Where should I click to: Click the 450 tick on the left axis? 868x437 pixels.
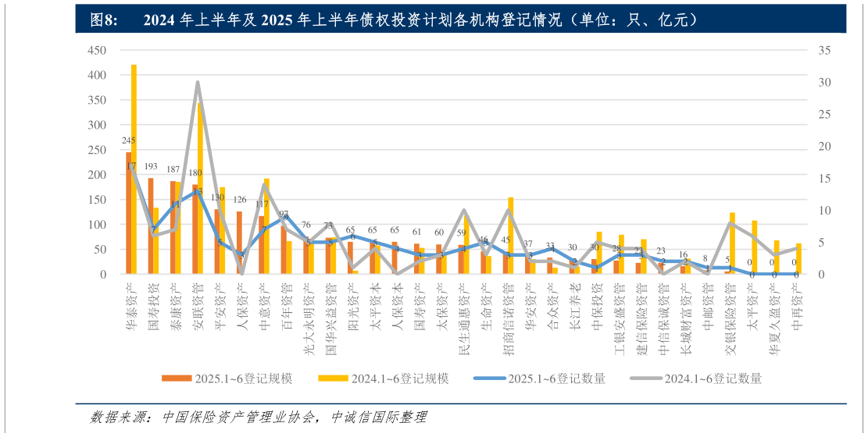pyautogui.click(x=96, y=51)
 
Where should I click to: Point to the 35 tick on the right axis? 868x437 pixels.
pyautogui.click(x=824, y=51)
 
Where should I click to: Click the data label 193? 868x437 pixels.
pyautogui.click(x=151, y=167)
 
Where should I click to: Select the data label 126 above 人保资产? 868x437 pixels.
pyautogui.click(x=240, y=199)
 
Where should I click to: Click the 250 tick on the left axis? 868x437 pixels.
pyautogui.click(x=96, y=150)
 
